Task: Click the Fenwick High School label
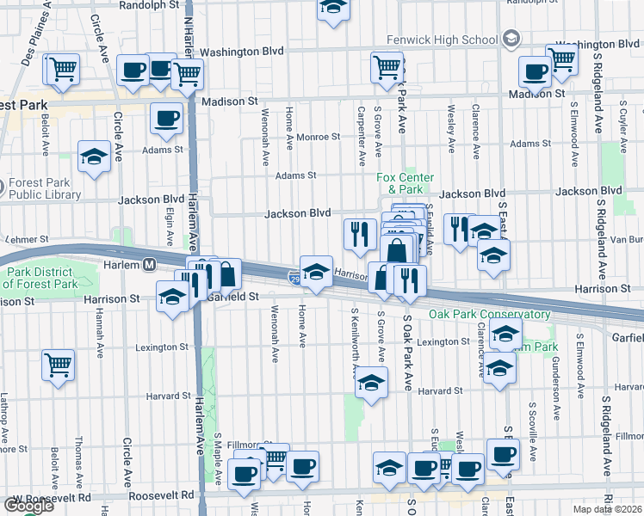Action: click(443, 40)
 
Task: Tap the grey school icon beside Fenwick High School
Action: click(511, 39)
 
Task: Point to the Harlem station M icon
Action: click(149, 264)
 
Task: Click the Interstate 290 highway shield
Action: click(294, 276)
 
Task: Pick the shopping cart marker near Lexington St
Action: click(58, 364)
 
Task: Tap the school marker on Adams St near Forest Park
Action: click(94, 157)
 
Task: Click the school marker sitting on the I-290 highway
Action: click(316, 271)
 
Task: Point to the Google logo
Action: click(28, 506)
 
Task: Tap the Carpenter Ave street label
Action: click(359, 130)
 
